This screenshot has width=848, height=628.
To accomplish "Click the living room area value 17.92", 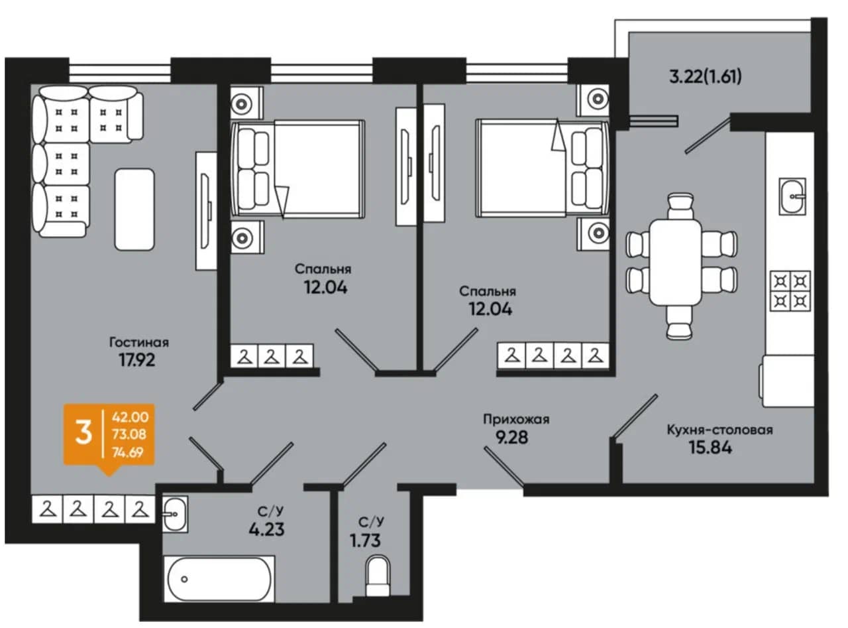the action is [x=137, y=359].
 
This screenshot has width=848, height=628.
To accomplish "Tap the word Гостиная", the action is [x=139, y=342].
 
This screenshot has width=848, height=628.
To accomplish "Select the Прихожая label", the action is [x=516, y=420].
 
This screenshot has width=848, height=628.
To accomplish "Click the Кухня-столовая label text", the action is [x=720, y=430].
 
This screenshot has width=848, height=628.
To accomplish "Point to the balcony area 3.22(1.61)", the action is [x=706, y=76].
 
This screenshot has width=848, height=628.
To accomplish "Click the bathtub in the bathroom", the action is [x=219, y=579].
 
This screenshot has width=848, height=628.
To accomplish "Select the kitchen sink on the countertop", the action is [x=792, y=196].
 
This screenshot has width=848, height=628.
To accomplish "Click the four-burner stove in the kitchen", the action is [x=790, y=291].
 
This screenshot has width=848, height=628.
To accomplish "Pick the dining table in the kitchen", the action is [x=675, y=262].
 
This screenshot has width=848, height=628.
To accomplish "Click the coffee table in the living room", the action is [x=134, y=210].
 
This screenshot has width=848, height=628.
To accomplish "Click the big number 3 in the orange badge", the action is [x=83, y=434].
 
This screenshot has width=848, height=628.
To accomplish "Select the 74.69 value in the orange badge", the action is [x=128, y=452].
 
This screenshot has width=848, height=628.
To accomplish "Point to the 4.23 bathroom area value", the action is [x=266, y=530].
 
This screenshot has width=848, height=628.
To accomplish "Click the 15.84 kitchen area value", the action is [x=711, y=448].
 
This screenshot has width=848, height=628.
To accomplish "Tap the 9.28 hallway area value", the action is [x=511, y=438].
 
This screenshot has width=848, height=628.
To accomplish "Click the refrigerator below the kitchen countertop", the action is [x=788, y=381].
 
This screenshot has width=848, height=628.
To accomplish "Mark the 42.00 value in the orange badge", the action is [x=130, y=416].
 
